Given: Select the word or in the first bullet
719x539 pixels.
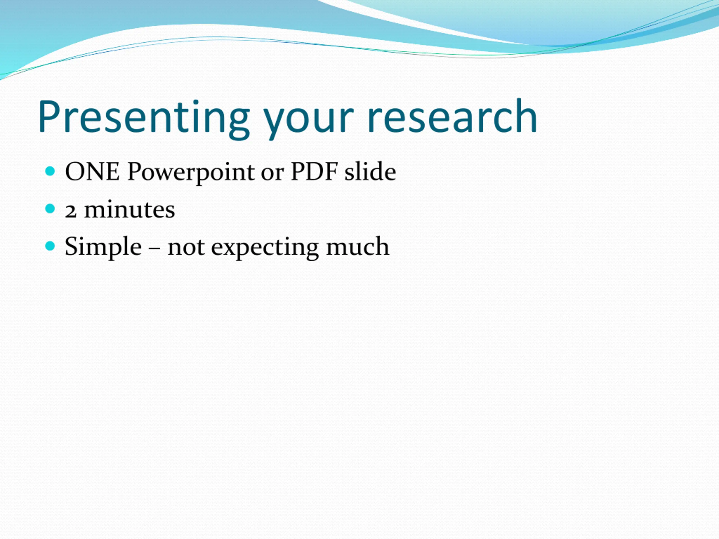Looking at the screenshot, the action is pos(272,175).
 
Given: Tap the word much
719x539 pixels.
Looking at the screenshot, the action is pos(358,246).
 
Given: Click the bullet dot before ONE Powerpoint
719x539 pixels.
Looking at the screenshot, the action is pos(50,171).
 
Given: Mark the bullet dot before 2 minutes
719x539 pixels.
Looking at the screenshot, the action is pos(50,209).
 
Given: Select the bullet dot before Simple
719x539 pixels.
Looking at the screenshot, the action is pos(50,246).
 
